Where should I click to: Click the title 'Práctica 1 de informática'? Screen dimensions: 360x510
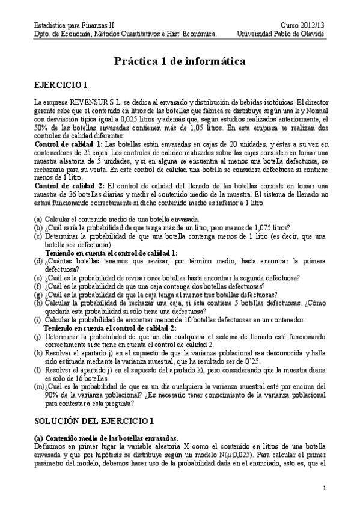(180, 61)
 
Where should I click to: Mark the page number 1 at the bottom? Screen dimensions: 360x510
(324, 488)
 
